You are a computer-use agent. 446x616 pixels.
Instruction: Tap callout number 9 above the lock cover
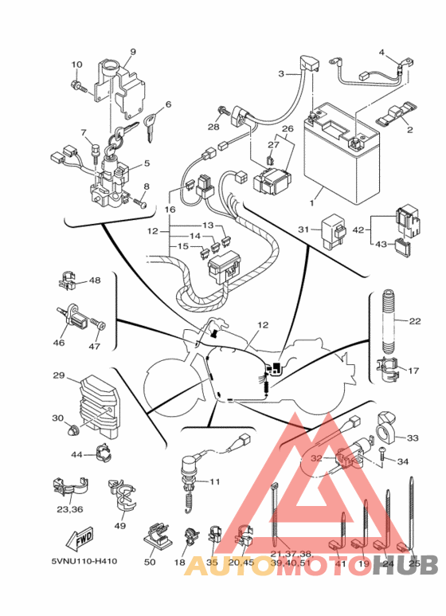tap(133, 52)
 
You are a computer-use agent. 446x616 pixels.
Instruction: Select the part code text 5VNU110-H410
tap(84, 561)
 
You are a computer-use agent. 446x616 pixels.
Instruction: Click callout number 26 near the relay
tap(288, 129)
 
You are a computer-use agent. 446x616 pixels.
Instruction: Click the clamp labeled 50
tap(157, 536)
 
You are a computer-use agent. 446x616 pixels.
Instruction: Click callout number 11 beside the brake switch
tap(215, 481)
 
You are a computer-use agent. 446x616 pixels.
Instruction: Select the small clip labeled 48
tap(68, 281)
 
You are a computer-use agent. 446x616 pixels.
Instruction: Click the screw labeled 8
tap(139, 202)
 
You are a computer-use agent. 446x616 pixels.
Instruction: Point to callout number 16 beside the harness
tap(170, 210)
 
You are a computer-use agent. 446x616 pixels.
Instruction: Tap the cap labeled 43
tap(403, 246)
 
